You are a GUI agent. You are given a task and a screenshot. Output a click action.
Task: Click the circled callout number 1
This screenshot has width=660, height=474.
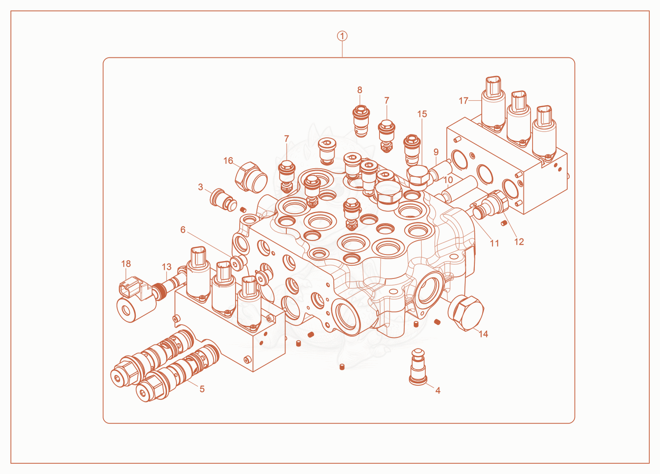(342, 36)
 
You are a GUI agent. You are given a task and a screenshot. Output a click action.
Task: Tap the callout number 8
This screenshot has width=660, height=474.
(360, 90)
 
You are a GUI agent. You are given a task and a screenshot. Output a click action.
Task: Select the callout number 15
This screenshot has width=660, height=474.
(422, 114)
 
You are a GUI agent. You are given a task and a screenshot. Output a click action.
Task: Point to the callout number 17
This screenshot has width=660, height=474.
(463, 101)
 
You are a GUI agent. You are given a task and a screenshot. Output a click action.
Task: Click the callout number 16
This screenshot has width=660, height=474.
(228, 160)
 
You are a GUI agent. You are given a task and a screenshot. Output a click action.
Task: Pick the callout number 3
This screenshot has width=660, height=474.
(200, 187)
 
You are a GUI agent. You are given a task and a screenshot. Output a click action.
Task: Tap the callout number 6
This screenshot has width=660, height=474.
(183, 229)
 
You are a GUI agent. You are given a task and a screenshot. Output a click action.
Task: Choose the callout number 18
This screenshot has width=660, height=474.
(126, 264)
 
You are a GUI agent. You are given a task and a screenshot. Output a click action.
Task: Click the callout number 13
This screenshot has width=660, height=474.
(167, 267)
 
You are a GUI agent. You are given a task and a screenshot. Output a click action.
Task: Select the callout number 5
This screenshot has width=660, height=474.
(202, 389)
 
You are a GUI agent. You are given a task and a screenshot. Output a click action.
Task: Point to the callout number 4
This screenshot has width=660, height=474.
(438, 390)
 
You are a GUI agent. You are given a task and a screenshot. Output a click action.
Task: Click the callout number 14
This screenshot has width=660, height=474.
(483, 334)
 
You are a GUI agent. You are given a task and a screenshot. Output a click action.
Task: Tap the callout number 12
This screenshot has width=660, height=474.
(519, 242)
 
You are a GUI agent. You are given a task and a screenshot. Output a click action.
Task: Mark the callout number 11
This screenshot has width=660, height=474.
(495, 243)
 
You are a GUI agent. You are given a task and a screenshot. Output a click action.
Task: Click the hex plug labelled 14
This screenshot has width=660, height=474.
(466, 313)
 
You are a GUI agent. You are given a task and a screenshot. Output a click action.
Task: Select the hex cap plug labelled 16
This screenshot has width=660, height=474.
(251, 177)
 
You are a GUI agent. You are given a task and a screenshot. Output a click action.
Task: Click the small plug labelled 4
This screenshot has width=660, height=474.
(418, 367)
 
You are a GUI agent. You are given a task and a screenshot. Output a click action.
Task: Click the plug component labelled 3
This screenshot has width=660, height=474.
(223, 200)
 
